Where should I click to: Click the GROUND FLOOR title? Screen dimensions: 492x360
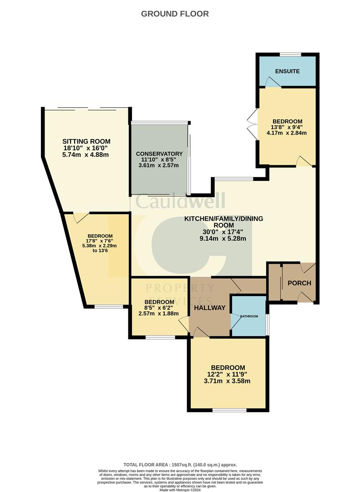click(x=175, y=14)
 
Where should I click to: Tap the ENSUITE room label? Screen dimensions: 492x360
click(x=287, y=71)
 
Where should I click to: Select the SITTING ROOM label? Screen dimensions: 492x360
click(x=86, y=141)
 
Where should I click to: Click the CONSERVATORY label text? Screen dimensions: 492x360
click(x=159, y=154)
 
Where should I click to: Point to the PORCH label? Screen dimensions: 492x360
click(x=299, y=283)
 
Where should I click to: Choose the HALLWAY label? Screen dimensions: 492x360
click(x=210, y=308)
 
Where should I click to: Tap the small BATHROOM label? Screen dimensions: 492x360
click(x=249, y=316)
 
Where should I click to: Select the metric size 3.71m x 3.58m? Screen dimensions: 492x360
click(x=228, y=381)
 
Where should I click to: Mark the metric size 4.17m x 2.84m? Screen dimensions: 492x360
click(x=286, y=133)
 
